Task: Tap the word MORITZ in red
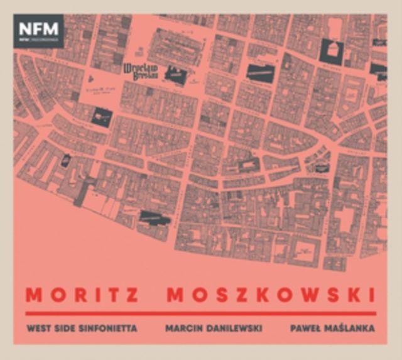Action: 82,295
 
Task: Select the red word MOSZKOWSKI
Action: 271,295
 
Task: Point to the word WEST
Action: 39,328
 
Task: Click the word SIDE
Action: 68,328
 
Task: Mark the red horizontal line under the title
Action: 200,312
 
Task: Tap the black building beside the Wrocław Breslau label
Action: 175,76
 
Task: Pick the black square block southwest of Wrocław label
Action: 101,116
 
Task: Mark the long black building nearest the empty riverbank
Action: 155,218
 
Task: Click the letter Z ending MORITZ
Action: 133,295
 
